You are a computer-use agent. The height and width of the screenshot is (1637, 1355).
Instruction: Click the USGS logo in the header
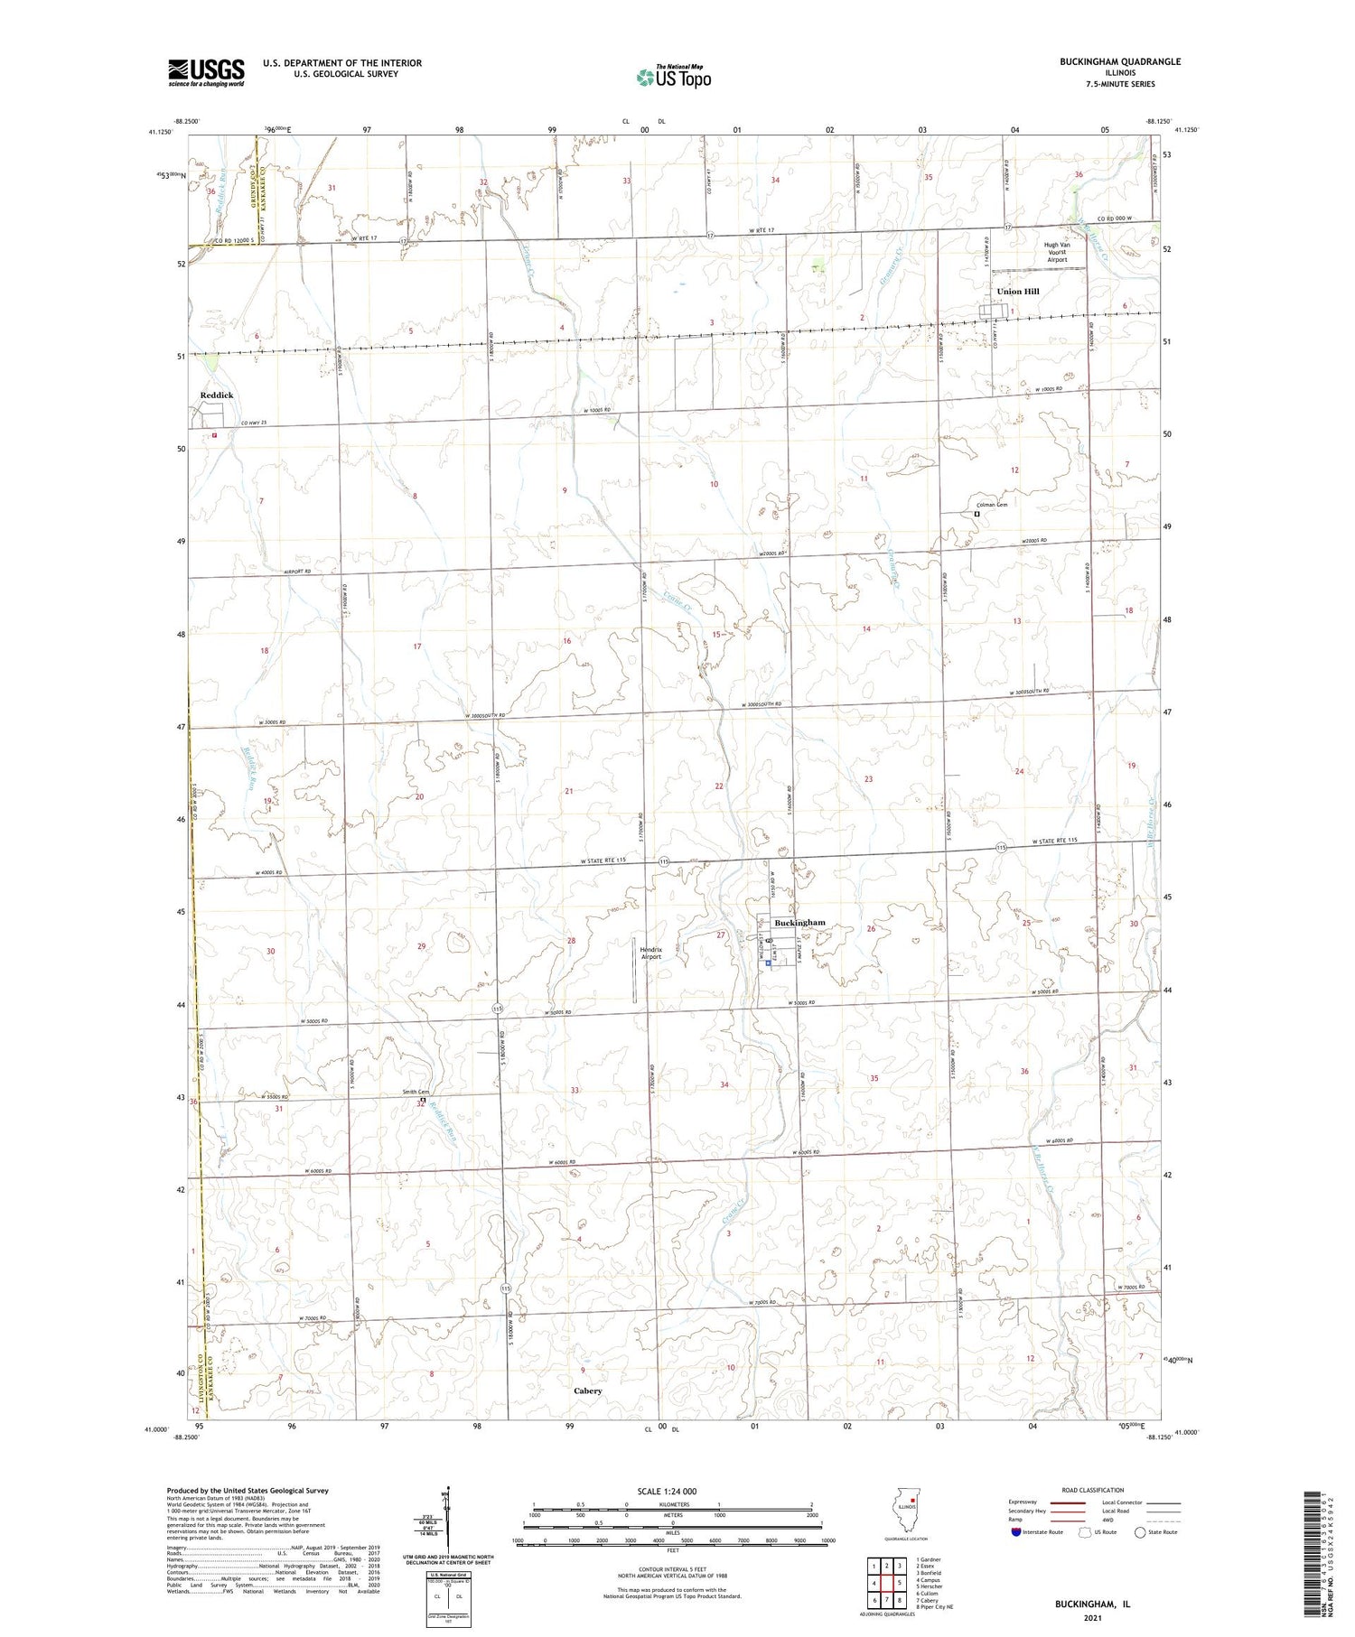(206, 72)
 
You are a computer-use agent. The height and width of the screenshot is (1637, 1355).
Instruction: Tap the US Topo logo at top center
(674, 78)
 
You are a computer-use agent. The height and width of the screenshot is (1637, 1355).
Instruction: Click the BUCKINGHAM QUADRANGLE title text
(1107, 61)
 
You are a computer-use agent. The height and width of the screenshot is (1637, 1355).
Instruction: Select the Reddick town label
(217, 395)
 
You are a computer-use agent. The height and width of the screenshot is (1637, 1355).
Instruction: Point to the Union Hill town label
(1018, 292)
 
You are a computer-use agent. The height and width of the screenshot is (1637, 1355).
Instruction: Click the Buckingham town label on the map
(799, 923)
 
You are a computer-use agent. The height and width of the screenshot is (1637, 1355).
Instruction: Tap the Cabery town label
(587, 1391)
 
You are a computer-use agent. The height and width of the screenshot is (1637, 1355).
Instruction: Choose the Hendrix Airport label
(650, 953)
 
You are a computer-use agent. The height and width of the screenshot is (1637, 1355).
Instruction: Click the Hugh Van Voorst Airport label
(1057, 252)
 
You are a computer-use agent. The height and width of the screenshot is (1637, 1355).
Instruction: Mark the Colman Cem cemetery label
(992, 505)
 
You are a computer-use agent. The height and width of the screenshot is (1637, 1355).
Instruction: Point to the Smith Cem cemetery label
(416, 1092)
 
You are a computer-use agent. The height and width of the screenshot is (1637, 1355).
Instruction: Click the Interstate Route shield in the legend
(1015, 1532)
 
